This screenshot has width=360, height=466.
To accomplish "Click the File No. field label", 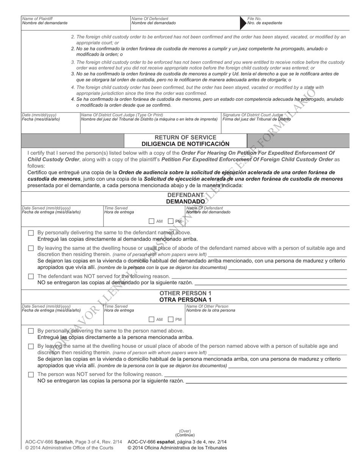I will point(254,18).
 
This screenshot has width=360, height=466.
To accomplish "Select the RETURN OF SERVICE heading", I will point(186,137).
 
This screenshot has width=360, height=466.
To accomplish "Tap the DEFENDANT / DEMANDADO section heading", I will point(186,198).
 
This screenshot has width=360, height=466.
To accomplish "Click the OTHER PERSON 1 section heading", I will point(186,296).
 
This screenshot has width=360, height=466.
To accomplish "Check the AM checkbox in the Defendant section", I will point(152,221).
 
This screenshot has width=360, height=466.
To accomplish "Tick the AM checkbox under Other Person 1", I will point(152,319).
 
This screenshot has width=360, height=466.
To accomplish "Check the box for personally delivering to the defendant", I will point(31,233).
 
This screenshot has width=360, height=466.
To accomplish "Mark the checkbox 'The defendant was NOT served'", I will point(31,276).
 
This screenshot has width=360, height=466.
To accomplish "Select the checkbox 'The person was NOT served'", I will point(31,374).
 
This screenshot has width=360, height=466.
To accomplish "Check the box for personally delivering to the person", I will point(31,331).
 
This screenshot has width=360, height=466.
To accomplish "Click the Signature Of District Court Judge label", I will point(252,114).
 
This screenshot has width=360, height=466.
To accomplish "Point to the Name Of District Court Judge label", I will point(122,114).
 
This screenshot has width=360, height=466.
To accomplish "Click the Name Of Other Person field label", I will point(207,306).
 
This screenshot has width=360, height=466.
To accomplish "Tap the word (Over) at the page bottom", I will point(185,431).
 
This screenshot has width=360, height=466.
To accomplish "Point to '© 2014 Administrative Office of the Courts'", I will point(69,448).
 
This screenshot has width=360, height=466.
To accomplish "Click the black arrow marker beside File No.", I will point(243,23).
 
